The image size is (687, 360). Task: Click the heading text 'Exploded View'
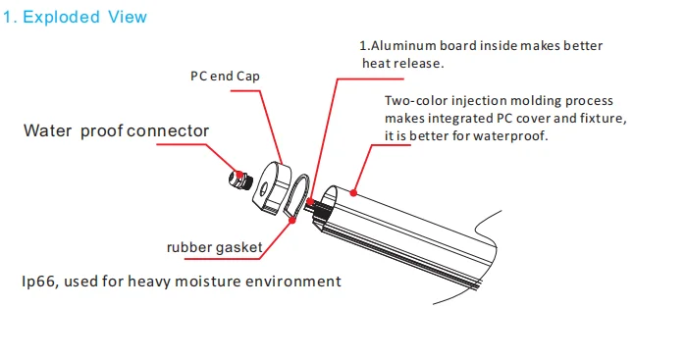83,17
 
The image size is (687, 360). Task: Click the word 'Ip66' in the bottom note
38,282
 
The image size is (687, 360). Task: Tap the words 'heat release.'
405,64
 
